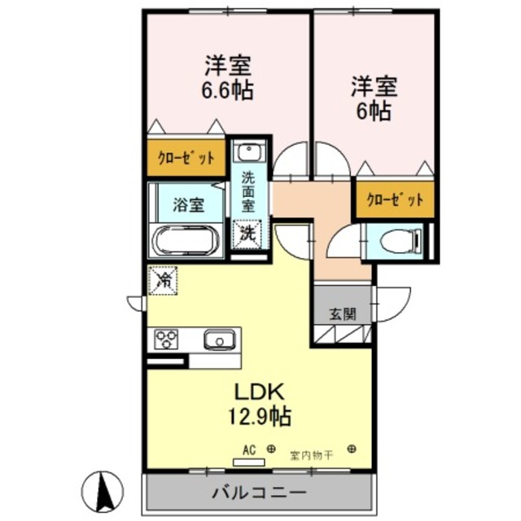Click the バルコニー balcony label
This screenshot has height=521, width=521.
(259, 493)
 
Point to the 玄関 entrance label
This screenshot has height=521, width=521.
(342, 313)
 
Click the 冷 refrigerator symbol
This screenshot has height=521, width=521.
(163, 282)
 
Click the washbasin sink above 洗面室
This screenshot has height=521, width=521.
(247, 152)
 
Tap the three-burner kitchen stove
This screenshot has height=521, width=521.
(168, 339)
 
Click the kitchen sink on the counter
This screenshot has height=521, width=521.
(218, 339)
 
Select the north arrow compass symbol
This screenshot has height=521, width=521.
(103, 492)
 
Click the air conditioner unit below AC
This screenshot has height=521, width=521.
(249, 461)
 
